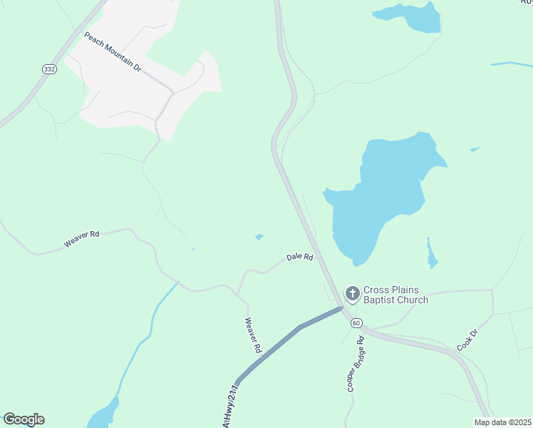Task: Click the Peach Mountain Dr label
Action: (x=113, y=51)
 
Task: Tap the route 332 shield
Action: (x=48, y=69)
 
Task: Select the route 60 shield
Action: (x=356, y=323)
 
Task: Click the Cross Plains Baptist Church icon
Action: (x=352, y=293)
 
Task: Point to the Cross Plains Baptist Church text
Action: (x=395, y=295)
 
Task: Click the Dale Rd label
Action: (x=299, y=257)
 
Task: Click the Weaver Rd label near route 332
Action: (x=81, y=239)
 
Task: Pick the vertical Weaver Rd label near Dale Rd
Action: (x=253, y=336)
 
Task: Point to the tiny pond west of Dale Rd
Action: (x=259, y=237)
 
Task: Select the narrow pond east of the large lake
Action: (x=432, y=255)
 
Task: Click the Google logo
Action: (x=24, y=419)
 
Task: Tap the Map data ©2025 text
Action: (x=502, y=422)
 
